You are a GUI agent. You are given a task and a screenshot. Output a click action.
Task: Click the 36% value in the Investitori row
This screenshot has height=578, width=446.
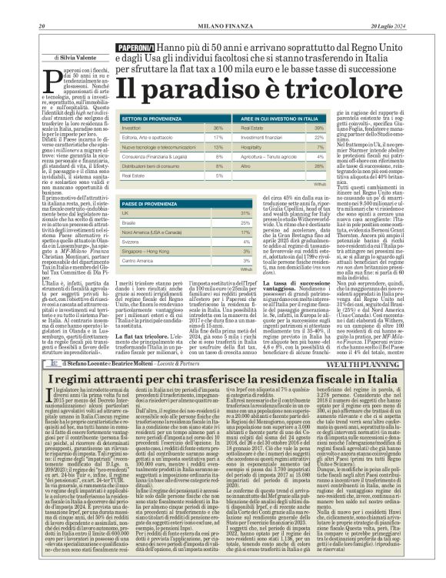[218, 128]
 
